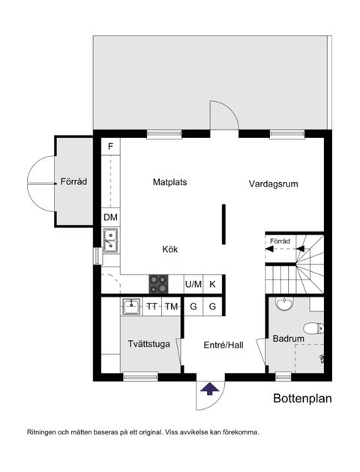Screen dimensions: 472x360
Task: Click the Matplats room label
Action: pyautogui.click(x=169, y=182)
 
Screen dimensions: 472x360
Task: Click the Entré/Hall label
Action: pyautogui.click(x=223, y=345)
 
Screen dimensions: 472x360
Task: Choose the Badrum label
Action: pyautogui.click(x=288, y=338)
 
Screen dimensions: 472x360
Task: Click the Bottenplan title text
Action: pyautogui.click(x=302, y=399)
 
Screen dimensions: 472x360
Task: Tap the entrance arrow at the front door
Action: pyautogui.click(x=210, y=388)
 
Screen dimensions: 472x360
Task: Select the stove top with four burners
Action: pyautogui.click(x=158, y=284)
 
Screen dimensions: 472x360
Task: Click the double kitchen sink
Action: pyautogui.click(x=110, y=240)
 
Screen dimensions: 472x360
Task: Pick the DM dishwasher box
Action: pyautogui.click(x=110, y=217)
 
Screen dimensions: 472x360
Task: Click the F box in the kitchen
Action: pyautogui.click(x=110, y=145)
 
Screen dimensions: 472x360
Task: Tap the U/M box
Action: pyautogui.click(x=193, y=284)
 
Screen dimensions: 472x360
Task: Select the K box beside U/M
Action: pyautogui.click(x=213, y=284)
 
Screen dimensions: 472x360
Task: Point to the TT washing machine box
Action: pyautogui.click(x=152, y=306)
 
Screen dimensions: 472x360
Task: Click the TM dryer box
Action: pyautogui.click(x=172, y=306)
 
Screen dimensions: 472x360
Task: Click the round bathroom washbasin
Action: pyautogui.click(x=284, y=303)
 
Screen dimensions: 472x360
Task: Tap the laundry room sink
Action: pyautogui.click(x=132, y=305)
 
